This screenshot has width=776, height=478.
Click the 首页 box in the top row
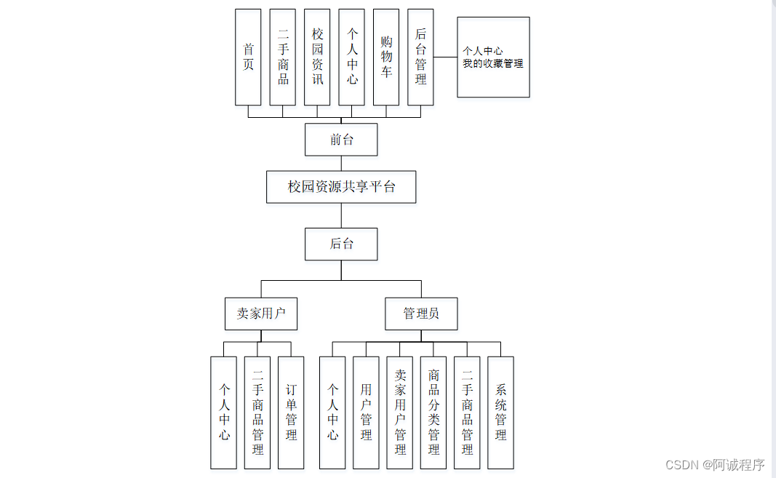point(248,57)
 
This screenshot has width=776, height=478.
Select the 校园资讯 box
point(317,57)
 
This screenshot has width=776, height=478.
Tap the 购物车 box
point(386,57)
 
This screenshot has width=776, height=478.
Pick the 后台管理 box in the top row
point(420,57)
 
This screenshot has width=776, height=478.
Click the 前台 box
point(341,140)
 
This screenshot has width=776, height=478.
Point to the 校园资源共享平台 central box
point(341,187)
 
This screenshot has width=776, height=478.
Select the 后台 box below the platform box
point(341,244)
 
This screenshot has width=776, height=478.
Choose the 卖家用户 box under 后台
point(261,314)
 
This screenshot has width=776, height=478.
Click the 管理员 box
point(421,314)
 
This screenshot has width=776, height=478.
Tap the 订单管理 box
point(291,413)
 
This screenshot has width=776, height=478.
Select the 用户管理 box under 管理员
point(366,413)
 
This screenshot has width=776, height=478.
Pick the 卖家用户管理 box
point(399,413)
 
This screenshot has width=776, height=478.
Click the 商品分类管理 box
point(433,413)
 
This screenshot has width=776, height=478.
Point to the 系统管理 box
point(500,413)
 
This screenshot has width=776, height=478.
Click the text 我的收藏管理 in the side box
point(493,64)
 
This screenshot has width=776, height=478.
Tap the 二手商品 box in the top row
point(283,57)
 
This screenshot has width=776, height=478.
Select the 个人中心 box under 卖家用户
point(224,413)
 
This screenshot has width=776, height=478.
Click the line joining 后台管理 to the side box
point(445,57)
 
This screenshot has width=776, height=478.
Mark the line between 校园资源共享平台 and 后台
point(341,215)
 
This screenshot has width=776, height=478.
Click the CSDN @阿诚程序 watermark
point(715,464)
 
